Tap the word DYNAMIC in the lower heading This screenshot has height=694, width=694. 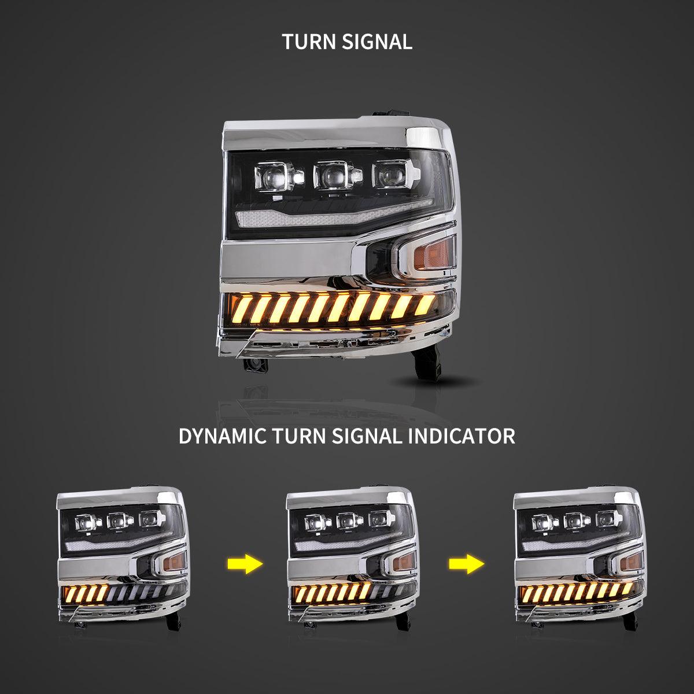coord(222,436)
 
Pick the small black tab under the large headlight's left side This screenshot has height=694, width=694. coord(256,365)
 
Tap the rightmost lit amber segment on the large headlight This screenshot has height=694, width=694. coord(424,304)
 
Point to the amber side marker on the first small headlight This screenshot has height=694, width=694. coord(173,563)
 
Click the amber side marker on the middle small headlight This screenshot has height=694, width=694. coord(403,563)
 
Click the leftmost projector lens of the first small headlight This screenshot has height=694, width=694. coord(86,522)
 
